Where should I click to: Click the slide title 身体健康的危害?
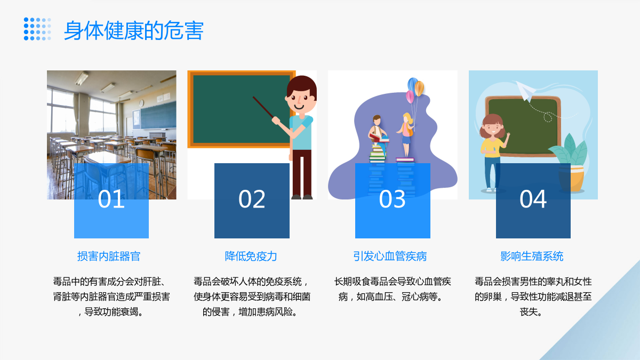(134, 30)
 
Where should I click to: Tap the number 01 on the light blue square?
(111, 199)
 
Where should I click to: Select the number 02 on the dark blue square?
(252, 199)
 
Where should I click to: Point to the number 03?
(393, 199)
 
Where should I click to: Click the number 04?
(533, 199)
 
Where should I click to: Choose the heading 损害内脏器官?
(109, 257)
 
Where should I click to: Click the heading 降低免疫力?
(251, 257)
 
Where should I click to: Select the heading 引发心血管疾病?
(390, 257)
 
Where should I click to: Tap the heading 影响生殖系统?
(532, 257)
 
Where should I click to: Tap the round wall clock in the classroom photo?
(141, 103)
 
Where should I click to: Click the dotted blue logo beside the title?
(37, 29)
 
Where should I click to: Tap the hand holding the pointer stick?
(276, 121)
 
